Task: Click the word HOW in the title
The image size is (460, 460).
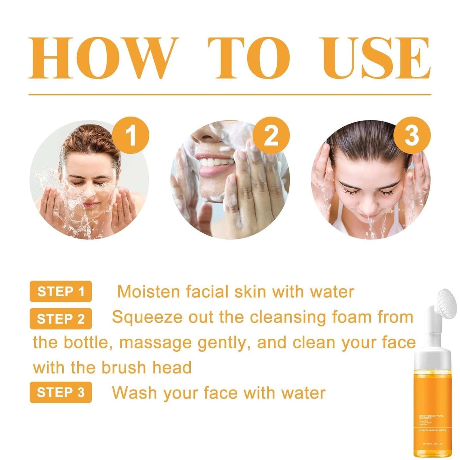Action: (103, 58)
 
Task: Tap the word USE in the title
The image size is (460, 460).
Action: (377, 58)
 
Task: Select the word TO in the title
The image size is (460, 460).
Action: (249, 58)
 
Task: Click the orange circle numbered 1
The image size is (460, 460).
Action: (131, 136)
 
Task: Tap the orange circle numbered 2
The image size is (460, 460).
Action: (271, 136)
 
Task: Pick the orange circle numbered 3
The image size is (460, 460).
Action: (412, 136)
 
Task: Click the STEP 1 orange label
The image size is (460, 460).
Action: (60, 291)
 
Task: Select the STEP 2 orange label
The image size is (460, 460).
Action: (60, 319)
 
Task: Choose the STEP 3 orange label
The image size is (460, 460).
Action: (60, 392)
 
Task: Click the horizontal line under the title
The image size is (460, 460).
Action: (230, 95)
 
